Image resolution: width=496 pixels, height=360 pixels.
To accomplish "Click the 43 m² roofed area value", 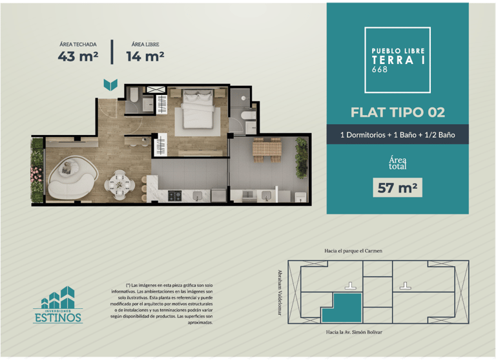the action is tap(77, 56).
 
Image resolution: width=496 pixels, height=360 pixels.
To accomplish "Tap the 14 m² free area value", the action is tap(145, 56).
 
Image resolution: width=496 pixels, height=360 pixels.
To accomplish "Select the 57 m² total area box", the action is tap(397, 188).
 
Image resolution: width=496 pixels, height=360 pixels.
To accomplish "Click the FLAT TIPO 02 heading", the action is tap(398, 112).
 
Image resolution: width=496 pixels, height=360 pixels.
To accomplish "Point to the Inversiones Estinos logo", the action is tap(58, 305).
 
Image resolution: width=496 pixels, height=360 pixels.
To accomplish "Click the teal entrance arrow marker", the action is tap(110, 85).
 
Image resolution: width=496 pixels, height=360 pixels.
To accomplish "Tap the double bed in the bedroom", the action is tap(198, 109).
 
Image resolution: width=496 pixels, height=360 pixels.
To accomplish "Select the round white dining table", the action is tap(119, 185).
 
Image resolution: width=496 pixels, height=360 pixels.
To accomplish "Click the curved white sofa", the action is tap(72, 178).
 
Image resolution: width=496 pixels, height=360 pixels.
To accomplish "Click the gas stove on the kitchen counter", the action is tap(174, 196).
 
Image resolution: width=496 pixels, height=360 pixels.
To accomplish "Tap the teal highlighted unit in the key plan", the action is tap(342, 308).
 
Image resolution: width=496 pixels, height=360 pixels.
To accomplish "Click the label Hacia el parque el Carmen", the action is tap(353, 251).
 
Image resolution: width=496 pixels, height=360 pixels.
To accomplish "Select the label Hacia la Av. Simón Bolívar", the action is tap(354, 332).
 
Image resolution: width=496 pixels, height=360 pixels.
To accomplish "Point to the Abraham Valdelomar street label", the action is tap(280, 292).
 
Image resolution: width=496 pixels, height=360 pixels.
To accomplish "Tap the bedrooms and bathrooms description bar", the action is tap(398, 134).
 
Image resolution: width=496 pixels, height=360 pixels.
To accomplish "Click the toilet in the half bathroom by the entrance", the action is tap(134, 94).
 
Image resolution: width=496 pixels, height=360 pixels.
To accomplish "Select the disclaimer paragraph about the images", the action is tap(161, 304).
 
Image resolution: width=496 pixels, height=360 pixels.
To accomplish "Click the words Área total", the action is tap(398, 162).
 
